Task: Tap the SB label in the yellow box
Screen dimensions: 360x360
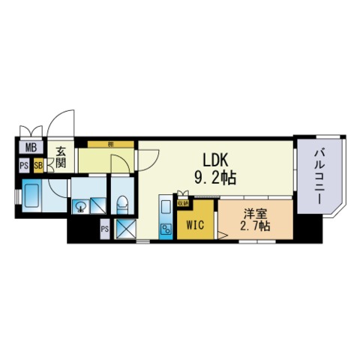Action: [37, 164]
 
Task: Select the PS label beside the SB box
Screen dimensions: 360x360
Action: [25, 164]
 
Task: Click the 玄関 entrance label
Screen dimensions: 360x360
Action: [61, 155]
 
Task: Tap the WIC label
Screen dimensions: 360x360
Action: [196, 223]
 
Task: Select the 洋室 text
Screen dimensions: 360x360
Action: [253, 212]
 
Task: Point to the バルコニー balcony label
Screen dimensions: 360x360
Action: [317, 176]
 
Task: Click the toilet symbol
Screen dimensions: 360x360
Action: [121, 202]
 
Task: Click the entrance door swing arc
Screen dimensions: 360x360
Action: [66, 120]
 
